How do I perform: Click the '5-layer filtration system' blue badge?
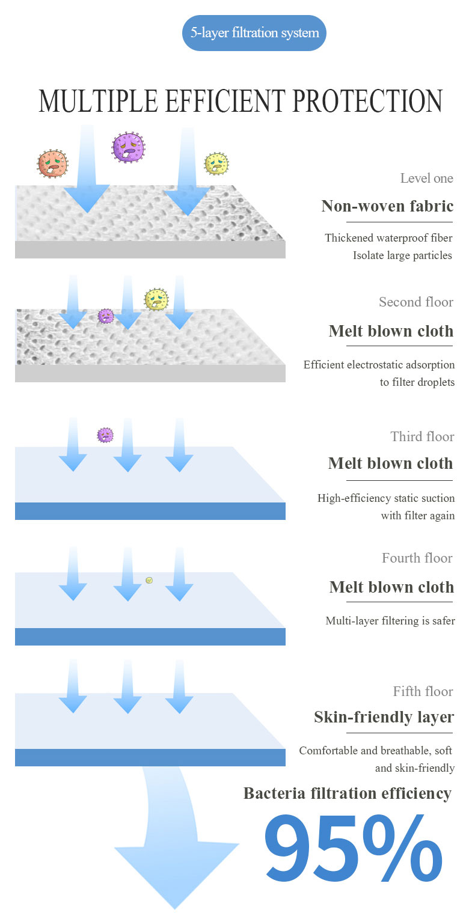[254, 32]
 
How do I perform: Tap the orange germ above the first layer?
[53, 163]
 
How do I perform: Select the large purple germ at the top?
[129, 147]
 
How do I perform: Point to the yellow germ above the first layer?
[216, 163]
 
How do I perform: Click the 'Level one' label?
[426, 178]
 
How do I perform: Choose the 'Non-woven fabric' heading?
[387, 206]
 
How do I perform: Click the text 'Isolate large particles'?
[402, 255]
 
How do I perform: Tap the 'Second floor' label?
[416, 302]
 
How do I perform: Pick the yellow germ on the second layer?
[156, 299]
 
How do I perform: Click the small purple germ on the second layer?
[106, 316]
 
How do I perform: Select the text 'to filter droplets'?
[417, 382]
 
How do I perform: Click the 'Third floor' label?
[422, 436]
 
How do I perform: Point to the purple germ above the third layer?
[105, 435]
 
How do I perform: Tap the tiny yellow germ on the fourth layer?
[149, 580]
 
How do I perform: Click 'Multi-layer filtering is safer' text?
[390, 621]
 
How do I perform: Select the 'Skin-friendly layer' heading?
[384, 717]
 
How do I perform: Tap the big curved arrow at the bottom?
[174, 853]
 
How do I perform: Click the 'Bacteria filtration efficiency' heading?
[347, 793]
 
